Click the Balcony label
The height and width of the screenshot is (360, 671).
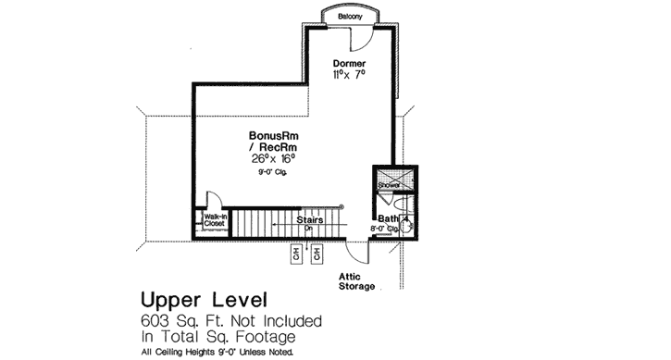[x=348, y=16]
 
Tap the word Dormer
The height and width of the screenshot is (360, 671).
[x=348, y=63]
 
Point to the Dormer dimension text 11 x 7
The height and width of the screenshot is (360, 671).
[x=349, y=74]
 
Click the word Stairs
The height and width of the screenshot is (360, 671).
[x=309, y=220]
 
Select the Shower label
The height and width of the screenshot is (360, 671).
[x=388, y=184]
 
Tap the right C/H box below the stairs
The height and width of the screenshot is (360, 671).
[x=317, y=252]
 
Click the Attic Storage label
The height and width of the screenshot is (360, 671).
[x=355, y=280]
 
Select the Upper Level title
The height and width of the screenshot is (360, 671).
[x=204, y=300]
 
